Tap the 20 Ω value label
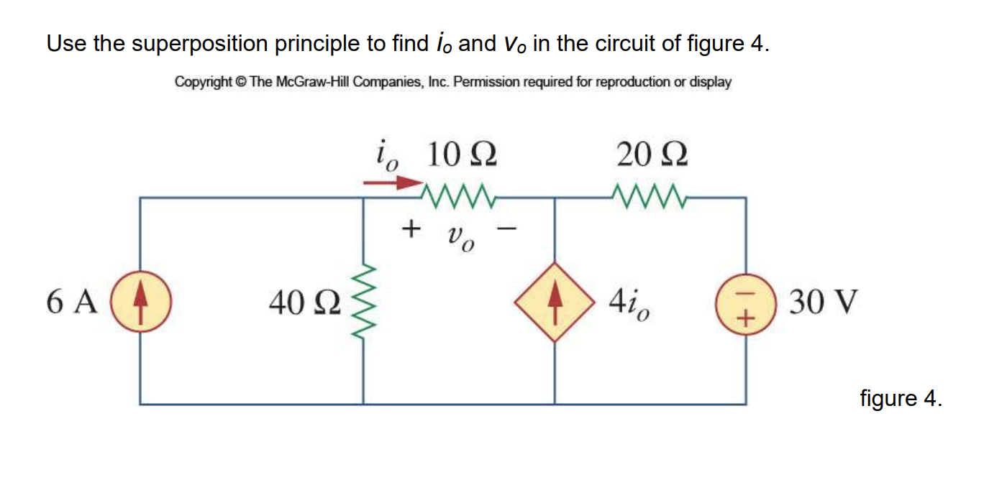pos(652,154)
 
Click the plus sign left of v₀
pos(410,229)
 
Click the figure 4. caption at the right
pos(901,397)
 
